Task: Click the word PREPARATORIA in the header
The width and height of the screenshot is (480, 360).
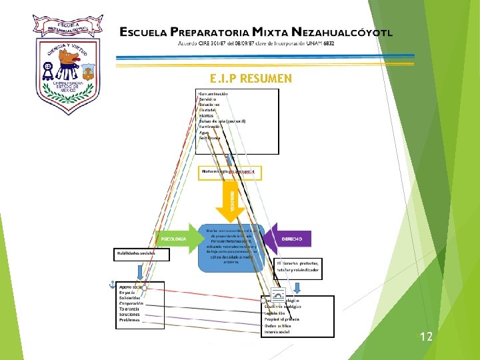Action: coord(209,31)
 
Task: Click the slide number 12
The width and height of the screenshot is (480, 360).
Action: coord(426,337)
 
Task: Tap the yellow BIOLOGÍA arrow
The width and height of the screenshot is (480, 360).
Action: coord(230,199)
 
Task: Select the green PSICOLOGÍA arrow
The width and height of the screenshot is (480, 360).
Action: coord(177,239)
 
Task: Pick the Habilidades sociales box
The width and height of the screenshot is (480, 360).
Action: coord(141,254)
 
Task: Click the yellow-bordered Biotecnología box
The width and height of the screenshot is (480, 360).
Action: coord(230,172)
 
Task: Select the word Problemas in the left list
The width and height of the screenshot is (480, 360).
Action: coord(129,320)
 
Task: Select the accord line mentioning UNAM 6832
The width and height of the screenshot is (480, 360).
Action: coord(255,43)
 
